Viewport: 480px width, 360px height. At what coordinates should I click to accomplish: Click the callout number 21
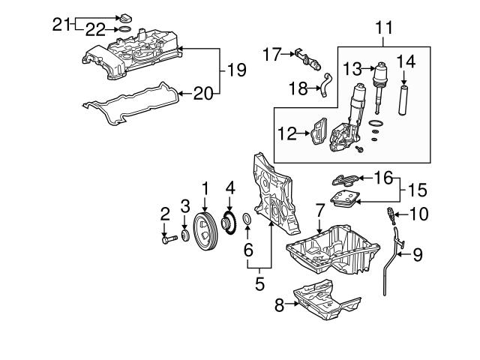tap(61, 24)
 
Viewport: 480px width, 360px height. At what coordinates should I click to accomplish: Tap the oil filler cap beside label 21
tap(125, 17)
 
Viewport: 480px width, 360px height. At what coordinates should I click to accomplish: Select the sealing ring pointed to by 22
tap(124, 29)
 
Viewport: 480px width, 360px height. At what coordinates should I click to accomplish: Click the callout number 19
tap(236, 70)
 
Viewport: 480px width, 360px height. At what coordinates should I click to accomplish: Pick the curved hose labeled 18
tap(325, 84)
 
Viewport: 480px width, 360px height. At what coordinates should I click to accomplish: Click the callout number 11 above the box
tap(384, 28)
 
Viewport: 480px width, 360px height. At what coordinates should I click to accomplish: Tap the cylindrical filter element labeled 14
tap(404, 100)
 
